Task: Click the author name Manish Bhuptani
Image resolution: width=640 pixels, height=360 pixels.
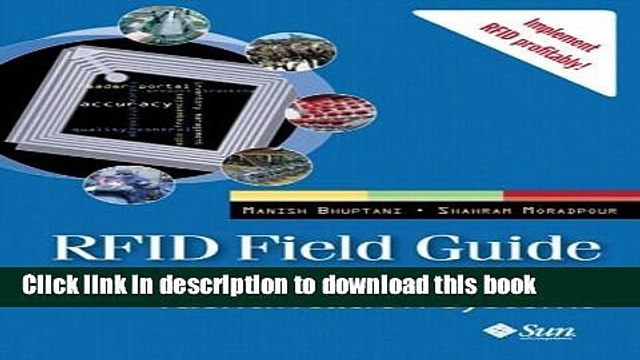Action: coord(295,211)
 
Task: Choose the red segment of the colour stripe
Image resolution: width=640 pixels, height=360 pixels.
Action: coord(555,193)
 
